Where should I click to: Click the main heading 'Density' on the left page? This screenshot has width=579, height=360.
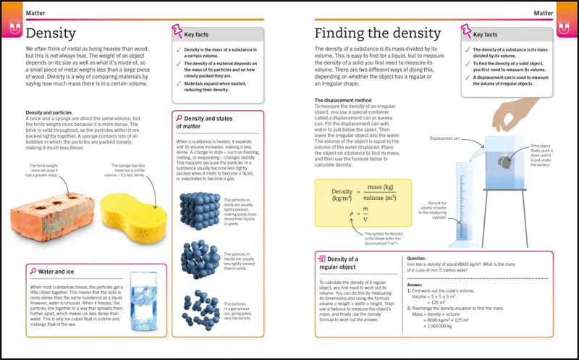[51, 33]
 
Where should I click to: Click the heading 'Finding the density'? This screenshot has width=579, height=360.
[377, 33]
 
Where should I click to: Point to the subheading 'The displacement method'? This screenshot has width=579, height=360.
[343, 100]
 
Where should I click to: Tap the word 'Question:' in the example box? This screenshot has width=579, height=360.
[417, 258]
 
